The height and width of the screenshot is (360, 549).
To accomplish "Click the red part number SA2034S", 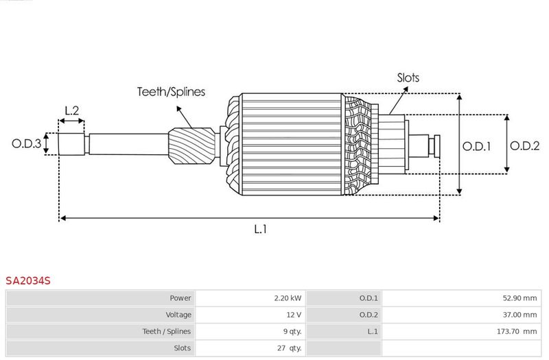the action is coord(28,280).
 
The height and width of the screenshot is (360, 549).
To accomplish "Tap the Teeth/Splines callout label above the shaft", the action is coord(171,92).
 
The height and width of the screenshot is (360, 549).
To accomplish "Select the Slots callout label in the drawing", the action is coord(408,77).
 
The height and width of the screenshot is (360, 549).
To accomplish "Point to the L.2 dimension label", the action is coord(72,110).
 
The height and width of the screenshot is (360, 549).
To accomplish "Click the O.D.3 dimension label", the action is coord(27,143).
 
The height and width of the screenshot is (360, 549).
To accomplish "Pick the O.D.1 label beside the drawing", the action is coord(476,146).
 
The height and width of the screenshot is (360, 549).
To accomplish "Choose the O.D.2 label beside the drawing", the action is coord(524,145).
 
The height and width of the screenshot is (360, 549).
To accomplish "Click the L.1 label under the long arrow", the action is coord(261,229).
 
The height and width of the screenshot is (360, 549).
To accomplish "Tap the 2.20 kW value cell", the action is coord(288,298).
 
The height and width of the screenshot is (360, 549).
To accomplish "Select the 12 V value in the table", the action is coord(294,315).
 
